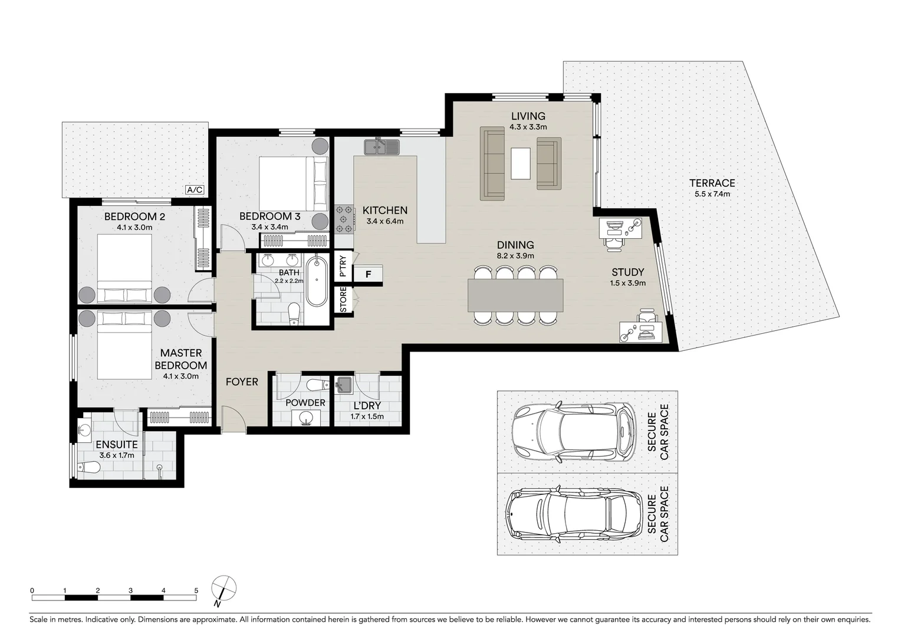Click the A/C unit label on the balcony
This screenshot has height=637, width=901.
pyautogui.click(x=195, y=190)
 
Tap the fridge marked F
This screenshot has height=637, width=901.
pyautogui.click(x=368, y=274)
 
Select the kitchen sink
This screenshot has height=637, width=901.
pyautogui.click(x=382, y=147)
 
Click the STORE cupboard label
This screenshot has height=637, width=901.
pyautogui.click(x=343, y=300)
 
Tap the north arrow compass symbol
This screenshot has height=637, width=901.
pyautogui.click(x=223, y=590)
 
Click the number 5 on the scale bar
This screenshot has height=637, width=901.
pyautogui.click(x=196, y=590)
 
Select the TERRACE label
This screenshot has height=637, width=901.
pyautogui.click(x=712, y=183)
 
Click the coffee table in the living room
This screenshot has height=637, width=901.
pyautogui.click(x=521, y=163)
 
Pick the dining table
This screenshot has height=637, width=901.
pyautogui.click(x=515, y=295)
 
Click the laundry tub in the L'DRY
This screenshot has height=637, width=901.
pyautogui.click(x=344, y=385)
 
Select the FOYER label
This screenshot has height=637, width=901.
pyautogui.click(x=242, y=382)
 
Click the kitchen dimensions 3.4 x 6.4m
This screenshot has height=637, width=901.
pyautogui.click(x=385, y=221)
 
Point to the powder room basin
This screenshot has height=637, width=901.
pyautogui.click(x=305, y=418)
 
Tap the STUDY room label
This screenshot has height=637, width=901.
pyautogui.click(x=628, y=272)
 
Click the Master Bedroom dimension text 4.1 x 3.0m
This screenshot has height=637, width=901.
pyautogui.click(x=180, y=376)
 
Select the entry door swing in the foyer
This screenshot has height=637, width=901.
pyautogui.click(x=234, y=419)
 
